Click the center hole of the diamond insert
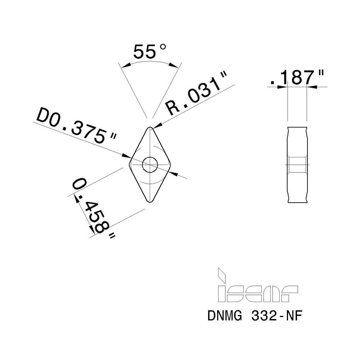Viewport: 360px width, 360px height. [x=150, y=165]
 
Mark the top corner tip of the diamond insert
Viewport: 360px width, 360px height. [x=150, y=127]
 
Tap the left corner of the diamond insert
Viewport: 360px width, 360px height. [x=130, y=165]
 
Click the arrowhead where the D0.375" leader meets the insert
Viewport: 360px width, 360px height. [x=127, y=156]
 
